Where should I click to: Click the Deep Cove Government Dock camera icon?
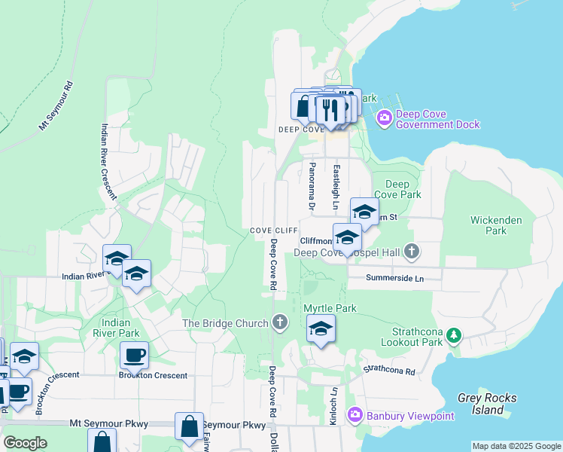click(385, 117)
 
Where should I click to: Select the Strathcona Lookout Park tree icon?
click(453, 334)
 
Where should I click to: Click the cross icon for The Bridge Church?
click(280, 323)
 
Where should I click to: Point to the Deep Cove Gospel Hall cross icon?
click(411, 252)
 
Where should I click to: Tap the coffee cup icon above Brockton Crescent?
click(134, 354)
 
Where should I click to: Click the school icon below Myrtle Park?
click(321, 328)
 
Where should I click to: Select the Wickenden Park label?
click(488, 225)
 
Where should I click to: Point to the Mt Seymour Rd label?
click(56, 105)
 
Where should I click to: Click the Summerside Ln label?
click(395, 278)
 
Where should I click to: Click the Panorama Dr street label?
click(309, 185)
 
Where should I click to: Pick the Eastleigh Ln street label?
click(336, 188)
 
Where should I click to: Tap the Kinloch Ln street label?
click(333, 406)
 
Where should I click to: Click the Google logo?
click(25, 443)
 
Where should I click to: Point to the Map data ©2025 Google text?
click(516, 446)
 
